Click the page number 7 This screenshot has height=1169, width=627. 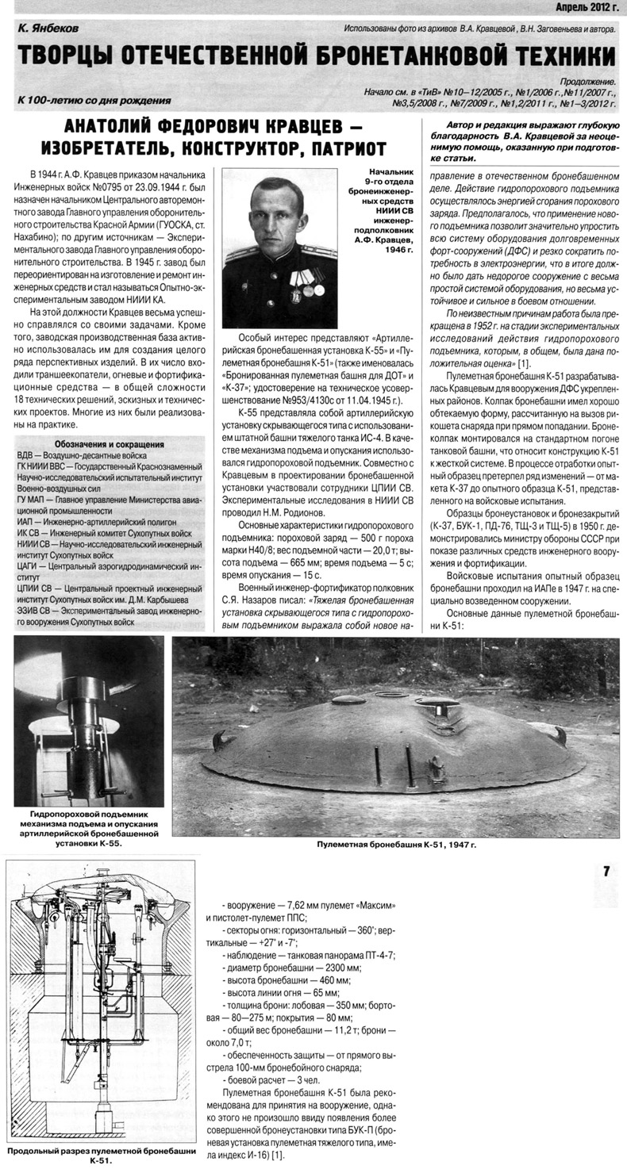[x=606, y=872]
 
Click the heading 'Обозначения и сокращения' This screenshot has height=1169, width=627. [x=110, y=444]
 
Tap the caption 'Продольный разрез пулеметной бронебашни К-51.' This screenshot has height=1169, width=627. [x=99, y=1155]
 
